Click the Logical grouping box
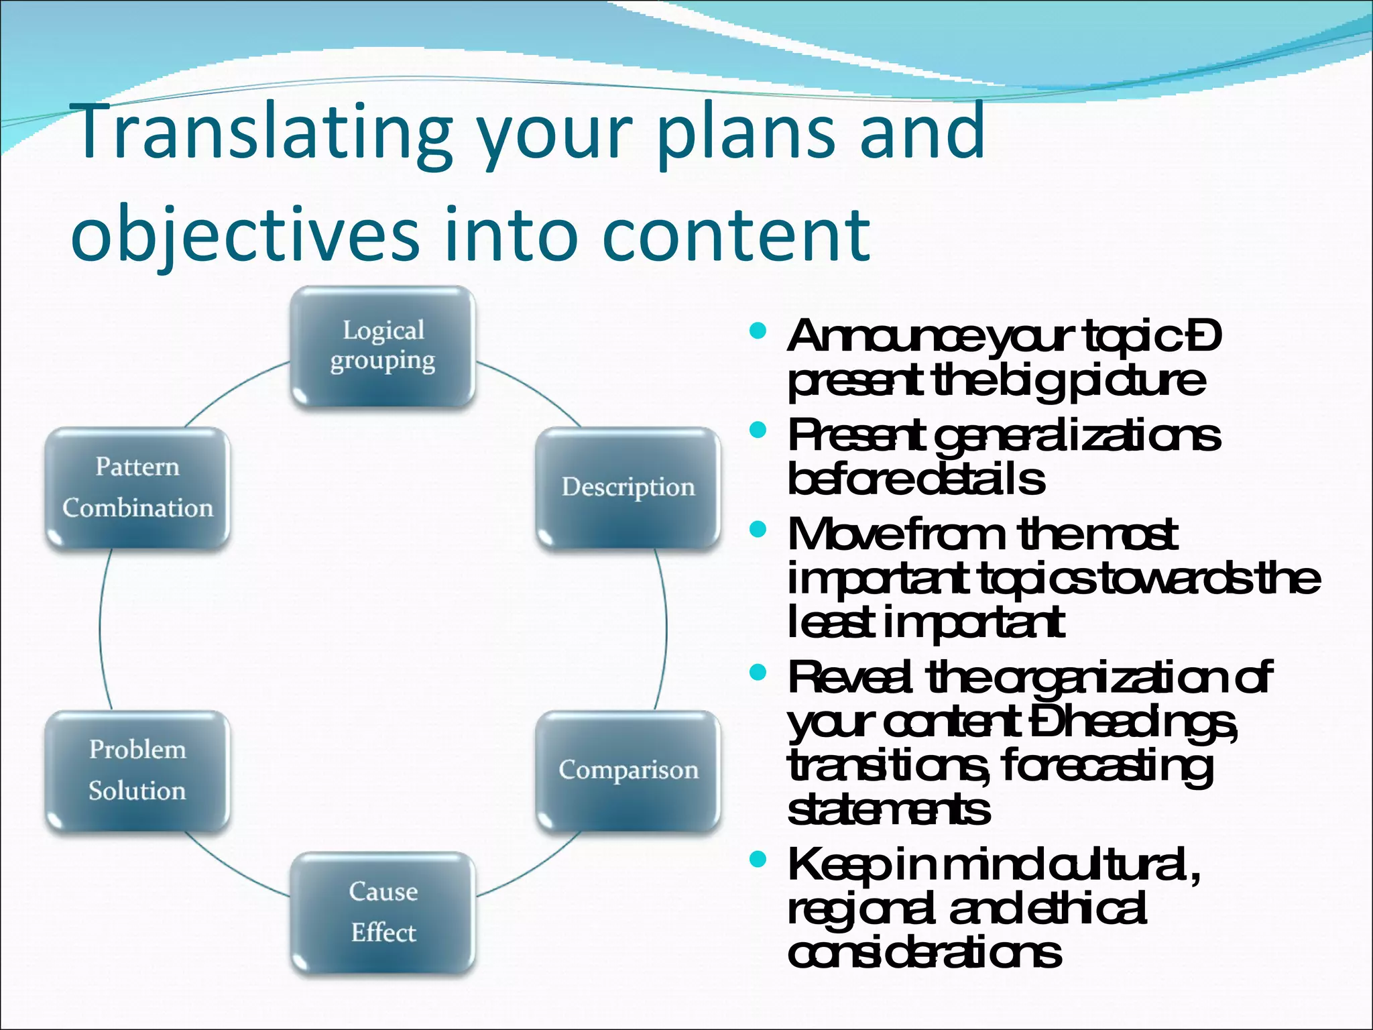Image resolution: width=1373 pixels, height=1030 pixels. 383,346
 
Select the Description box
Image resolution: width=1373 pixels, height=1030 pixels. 628,488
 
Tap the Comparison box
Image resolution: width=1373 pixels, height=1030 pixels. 628,771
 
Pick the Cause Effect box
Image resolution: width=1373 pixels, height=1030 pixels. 383,912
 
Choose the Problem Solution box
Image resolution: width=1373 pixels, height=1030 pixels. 137,771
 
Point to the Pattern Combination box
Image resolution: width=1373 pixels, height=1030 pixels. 137,488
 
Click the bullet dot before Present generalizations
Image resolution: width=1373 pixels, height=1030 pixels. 758,430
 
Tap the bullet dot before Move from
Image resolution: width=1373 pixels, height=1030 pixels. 758,530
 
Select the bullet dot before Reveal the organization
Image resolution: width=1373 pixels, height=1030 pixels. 758,672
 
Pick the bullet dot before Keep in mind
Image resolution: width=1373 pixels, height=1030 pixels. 758,859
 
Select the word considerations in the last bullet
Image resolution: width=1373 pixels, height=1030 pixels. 924,953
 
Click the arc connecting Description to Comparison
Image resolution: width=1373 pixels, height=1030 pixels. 666,629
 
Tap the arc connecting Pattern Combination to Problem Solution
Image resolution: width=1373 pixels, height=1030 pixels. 100,629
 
